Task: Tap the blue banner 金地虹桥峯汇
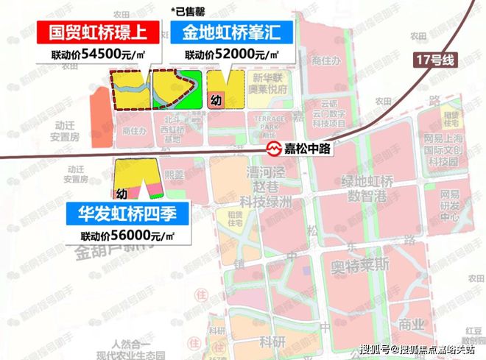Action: [x=232, y=33]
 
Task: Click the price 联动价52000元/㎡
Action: [x=231, y=55]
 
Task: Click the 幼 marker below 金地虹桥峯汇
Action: [x=216, y=99]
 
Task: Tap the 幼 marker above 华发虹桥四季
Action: [x=122, y=193]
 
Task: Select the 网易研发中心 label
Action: [x=449, y=205]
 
